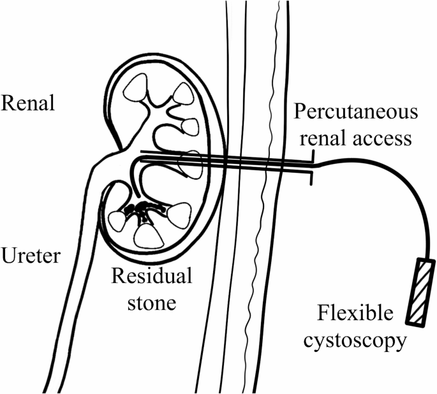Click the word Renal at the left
tap(28, 103)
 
